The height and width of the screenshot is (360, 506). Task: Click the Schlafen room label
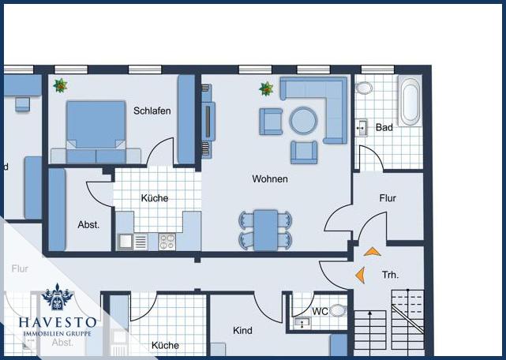click(x=152, y=111)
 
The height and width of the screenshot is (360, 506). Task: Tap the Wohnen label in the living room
click(x=270, y=179)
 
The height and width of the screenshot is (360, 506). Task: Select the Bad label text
click(x=384, y=127)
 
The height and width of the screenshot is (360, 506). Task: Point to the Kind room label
click(x=242, y=330)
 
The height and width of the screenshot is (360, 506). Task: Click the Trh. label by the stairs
click(x=390, y=275)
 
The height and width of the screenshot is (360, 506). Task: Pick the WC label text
click(x=320, y=312)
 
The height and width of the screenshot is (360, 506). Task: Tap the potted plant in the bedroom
click(x=60, y=84)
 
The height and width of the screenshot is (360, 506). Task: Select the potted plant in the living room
click(x=266, y=88)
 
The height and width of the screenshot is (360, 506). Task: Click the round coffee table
click(x=303, y=121)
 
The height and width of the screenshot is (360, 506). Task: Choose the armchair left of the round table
click(x=271, y=121)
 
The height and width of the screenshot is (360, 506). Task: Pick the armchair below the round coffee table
click(x=303, y=151)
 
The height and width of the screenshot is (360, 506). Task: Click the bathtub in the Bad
click(x=409, y=102)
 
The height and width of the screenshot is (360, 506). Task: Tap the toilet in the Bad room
click(x=365, y=88)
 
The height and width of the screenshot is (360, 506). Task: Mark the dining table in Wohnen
click(x=265, y=229)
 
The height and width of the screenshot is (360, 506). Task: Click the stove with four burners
click(x=167, y=241)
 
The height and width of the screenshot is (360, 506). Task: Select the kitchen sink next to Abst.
click(x=126, y=241)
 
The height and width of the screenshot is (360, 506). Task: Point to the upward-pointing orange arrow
click(x=371, y=252)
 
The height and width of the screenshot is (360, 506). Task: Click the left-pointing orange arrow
click(x=360, y=275)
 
